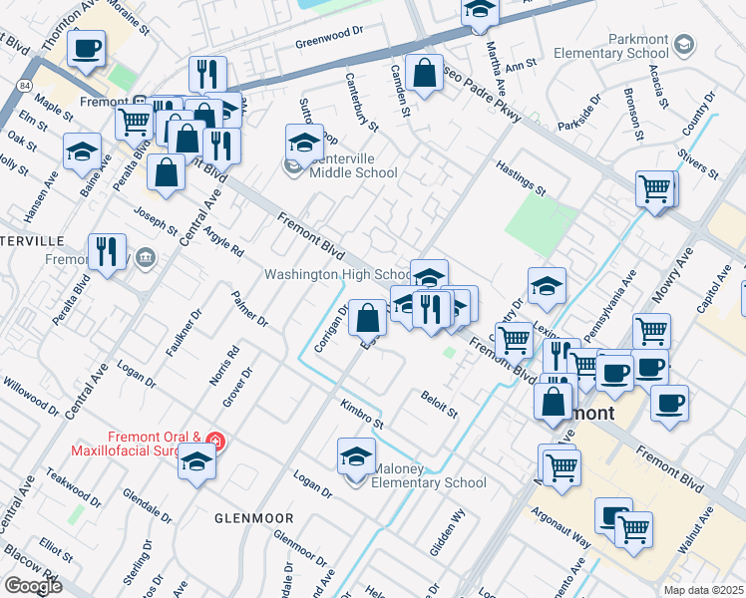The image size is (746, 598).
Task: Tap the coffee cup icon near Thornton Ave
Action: point(87,47)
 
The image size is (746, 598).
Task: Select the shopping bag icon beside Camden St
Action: point(424,74)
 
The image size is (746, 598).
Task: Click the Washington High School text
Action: point(337,274)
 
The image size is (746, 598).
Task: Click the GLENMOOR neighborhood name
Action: point(253,519)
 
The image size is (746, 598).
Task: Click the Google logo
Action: point(33,585)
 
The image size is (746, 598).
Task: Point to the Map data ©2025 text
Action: point(703,590)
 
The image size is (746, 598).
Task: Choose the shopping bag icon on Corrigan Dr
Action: point(367,318)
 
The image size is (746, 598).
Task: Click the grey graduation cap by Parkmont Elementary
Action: point(684,45)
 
